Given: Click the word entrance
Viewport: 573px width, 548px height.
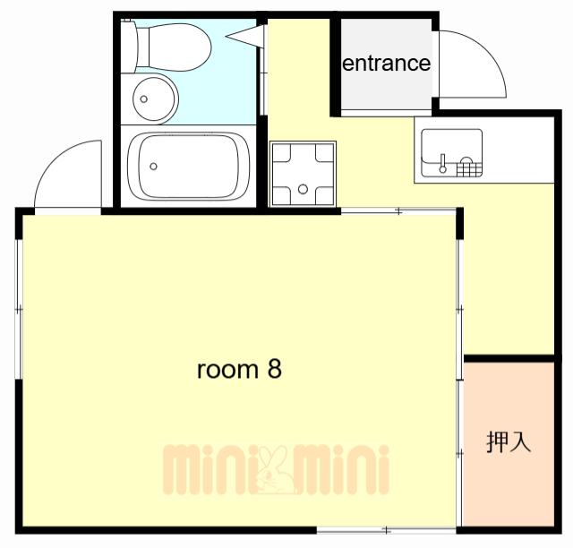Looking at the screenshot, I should click(x=387, y=64).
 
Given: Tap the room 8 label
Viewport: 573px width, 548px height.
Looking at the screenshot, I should click(x=239, y=369).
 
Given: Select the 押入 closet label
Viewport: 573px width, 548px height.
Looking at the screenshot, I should click(x=509, y=441).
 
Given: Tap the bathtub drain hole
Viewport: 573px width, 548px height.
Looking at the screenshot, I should click(x=154, y=166).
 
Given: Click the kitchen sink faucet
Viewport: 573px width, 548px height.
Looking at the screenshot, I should click(x=442, y=163).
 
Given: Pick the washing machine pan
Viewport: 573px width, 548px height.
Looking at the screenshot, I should click(x=304, y=174).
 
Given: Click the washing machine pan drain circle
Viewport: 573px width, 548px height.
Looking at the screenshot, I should click(x=304, y=188).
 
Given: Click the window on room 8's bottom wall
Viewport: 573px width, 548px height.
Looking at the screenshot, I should click(x=387, y=529).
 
